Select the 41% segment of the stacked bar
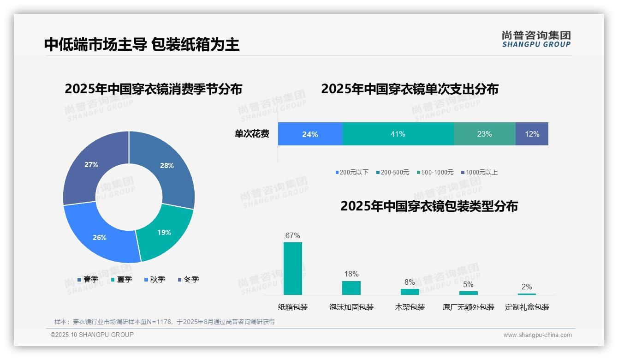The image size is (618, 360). (398, 134)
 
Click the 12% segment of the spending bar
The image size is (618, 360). (532, 134)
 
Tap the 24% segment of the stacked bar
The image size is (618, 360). (310, 134)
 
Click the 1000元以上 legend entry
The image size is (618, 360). (479, 172)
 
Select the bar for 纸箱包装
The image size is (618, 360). (293, 268)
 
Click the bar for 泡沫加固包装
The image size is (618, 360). (351, 288)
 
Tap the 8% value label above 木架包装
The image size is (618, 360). (410, 282)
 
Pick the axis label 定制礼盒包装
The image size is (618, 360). (527, 307)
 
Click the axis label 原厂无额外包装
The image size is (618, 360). (468, 307)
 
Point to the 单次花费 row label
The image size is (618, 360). (252, 134)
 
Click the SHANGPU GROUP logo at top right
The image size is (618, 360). (536, 39)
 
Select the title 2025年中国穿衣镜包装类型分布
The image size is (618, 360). (429, 206)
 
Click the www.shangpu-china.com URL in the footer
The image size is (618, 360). (537, 335)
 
